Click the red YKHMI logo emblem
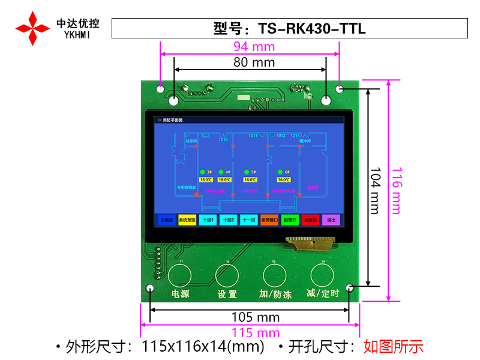click(x=32, y=28)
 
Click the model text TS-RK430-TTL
click(x=312, y=28)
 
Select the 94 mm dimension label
click(x=254, y=47)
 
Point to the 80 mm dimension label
click(x=254, y=62)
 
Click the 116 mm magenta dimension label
click(x=397, y=190)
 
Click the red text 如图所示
click(x=394, y=346)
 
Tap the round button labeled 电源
click(x=179, y=275)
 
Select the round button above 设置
click(x=227, y=275)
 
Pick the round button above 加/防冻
click(x=275, y=275)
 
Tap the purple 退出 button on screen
click(x=331, y=220)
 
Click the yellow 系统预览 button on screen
click(x=187, y=220)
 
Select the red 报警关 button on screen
click(x=310, y=220)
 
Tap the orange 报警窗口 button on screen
click(x=269, y=220)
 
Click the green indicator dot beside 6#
click(x=279, y=172)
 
